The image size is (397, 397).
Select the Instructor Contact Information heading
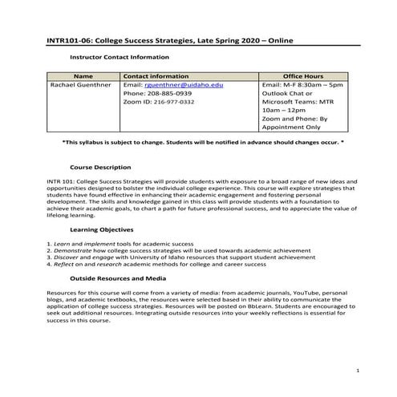[120, 58]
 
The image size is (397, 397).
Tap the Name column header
[83, 75]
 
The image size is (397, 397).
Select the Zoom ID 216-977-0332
[169, 103]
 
